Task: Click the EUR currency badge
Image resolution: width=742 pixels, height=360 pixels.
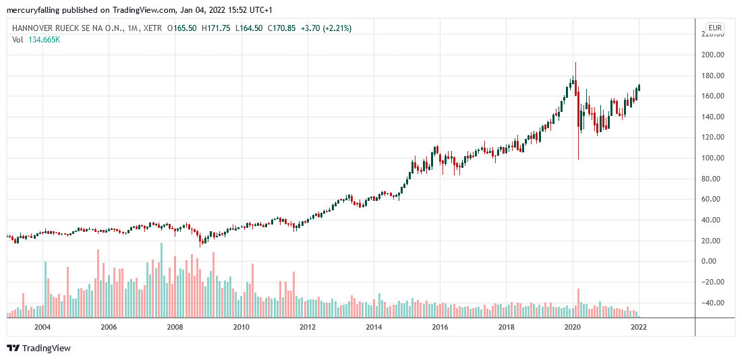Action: tap(714, 28)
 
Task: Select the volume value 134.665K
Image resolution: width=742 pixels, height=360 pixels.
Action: tap(45, 40)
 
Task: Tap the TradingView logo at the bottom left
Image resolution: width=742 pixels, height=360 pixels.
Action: tap(38, 348)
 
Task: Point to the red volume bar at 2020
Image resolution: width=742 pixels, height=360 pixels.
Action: tap(578, 303)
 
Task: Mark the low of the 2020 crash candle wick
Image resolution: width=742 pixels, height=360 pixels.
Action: tap(578, 159)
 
